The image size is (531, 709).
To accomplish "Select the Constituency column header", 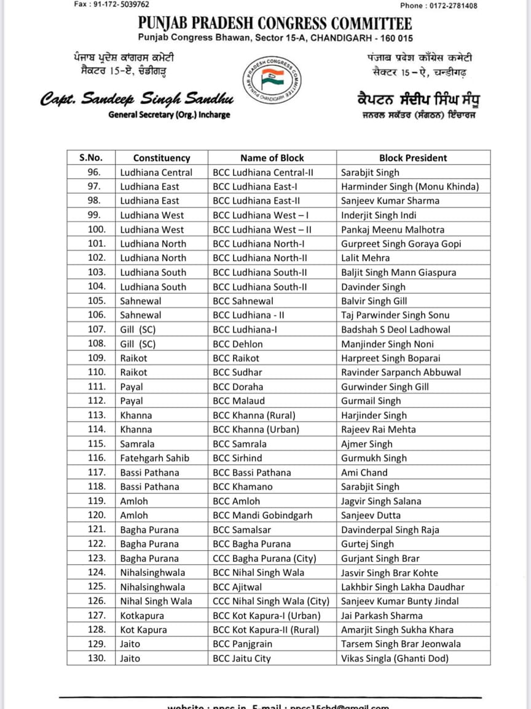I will tap(162, 158).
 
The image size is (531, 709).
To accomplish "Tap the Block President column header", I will tap(413, 158).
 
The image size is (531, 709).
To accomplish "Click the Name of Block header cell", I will tap(272, 158).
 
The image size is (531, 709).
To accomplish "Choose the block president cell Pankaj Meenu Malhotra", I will tap(393, 230).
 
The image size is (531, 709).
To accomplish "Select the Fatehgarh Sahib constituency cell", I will tap(154, 458).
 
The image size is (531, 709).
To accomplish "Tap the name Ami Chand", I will tap(364, 473).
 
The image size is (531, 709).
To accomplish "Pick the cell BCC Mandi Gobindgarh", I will tap(262, 515).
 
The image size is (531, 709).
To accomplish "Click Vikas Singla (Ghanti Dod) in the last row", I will tap(395, 659).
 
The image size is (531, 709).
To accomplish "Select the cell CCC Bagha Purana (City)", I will tap(264, 558).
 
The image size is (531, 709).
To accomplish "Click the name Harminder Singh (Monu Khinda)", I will tap(410, 186).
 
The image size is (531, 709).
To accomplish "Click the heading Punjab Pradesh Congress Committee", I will tap(275, 24).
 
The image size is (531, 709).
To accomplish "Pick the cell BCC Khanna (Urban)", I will tap(256, 430).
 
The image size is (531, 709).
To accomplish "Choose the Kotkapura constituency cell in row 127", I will tap(142, 615).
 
